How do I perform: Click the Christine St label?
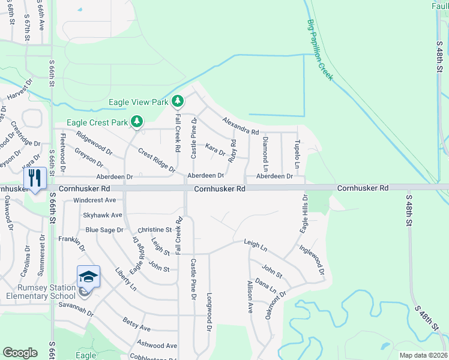(155, 230)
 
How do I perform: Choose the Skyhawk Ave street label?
(103, 215)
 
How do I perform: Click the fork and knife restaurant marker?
(35, 178)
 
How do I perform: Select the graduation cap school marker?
(88, 277)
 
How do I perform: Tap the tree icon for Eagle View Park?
(177, 101)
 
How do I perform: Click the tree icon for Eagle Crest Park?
(137, 121)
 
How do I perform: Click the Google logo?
(20, 353)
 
